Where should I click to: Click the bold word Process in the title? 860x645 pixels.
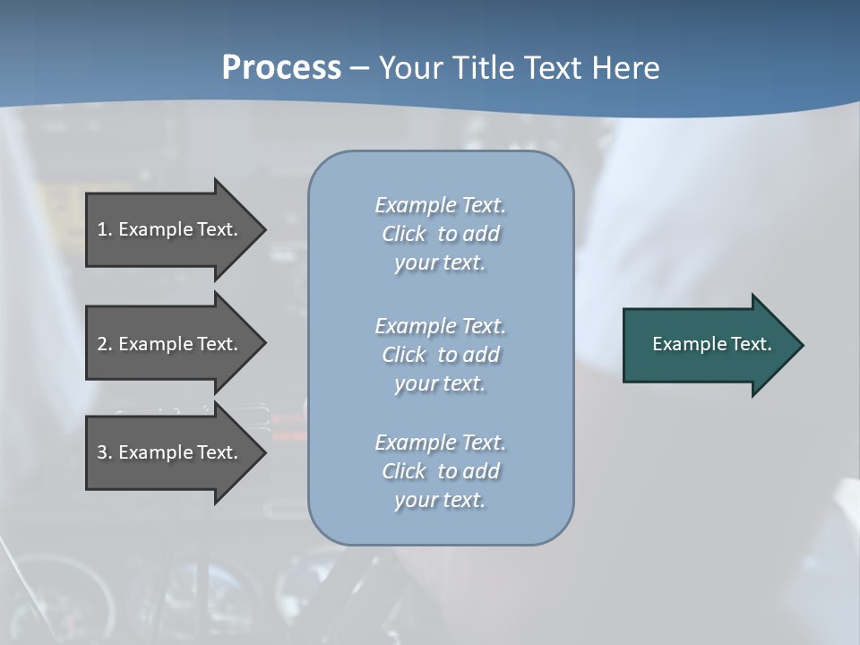[x=281, y=68]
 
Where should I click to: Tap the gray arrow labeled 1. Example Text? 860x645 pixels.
[x=170, y=229]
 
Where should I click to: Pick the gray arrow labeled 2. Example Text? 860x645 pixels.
[x=170, y=344]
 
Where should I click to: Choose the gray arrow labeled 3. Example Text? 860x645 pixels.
[x=170, y=452]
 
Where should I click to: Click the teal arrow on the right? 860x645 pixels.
[x=708, y=345]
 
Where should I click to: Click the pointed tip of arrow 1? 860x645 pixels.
[x=263, y=229]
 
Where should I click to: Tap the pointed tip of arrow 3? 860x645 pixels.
[x=263, y=452]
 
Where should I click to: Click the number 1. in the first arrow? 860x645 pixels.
[x=105, y=229]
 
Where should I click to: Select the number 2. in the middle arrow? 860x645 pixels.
[x=105, y=344]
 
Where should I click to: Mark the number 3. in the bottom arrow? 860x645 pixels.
[x=105, y=452]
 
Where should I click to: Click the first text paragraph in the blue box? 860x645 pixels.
[x=440, y=234]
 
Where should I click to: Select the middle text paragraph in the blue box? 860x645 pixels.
[x=440, y=355]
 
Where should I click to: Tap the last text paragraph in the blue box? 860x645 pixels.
[x=440, y=471]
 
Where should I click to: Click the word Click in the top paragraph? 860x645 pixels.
[x=404, y=234]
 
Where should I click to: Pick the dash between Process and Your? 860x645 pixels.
[x=360, y=69]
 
